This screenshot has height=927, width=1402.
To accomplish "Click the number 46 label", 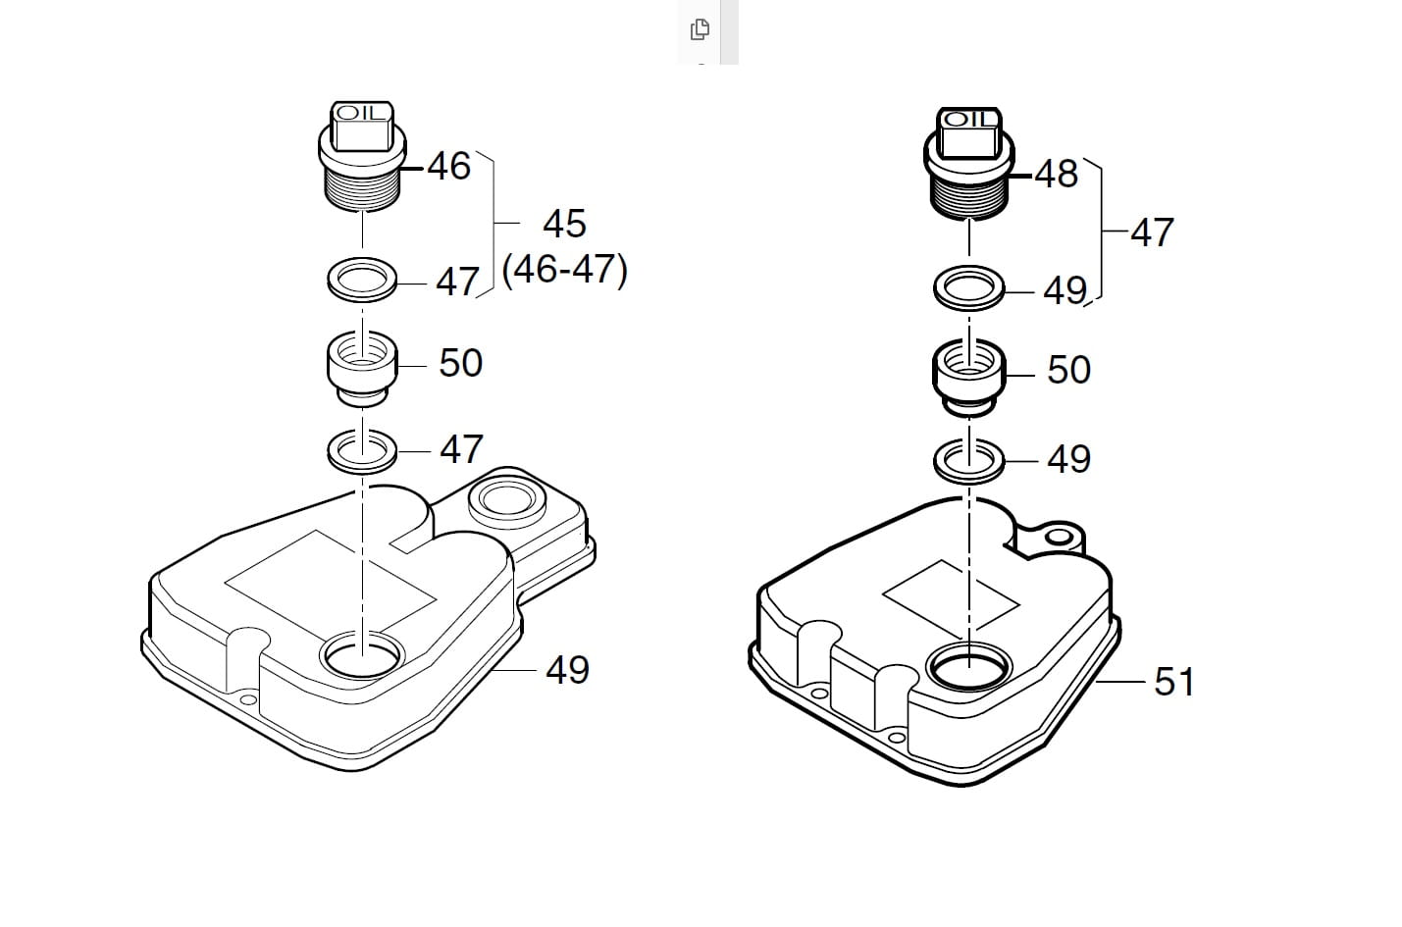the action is pyautogui.click(x=448, y=167).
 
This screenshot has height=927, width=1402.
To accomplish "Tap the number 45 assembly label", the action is pyautogui.click(x=564, y=224).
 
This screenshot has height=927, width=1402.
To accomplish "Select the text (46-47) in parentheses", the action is pyautogui.click(x=564, y=271).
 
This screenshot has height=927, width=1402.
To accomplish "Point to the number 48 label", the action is pyautogui.click(x=1057, y=174).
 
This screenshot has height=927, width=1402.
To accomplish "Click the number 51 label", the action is pyautogui.click(x=1174, y=682).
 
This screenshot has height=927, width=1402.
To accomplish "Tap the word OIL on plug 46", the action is pyautogui.click(x=361, y=113).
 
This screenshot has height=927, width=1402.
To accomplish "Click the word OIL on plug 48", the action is pyautogui.click(x=968, y=120).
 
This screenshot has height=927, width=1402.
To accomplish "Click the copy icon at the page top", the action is pyautogui.click(x=700, y=29).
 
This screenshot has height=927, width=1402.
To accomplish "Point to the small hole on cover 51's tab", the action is pyautogui.click(x=1059, y=537).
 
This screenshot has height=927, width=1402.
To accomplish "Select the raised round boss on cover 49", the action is pyautogui.click(x=507, y=500).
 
